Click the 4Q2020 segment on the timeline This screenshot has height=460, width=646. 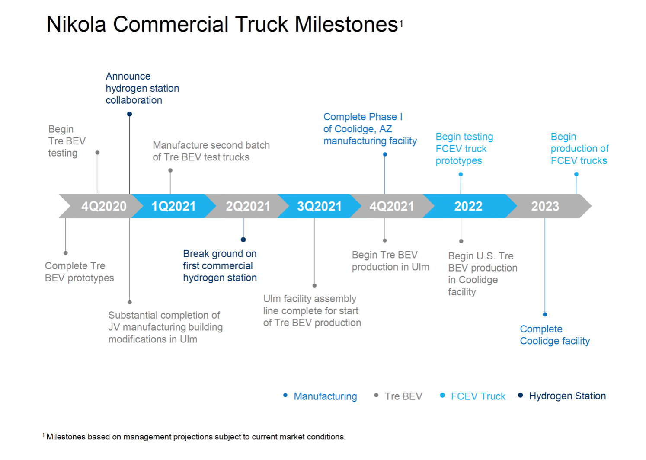(104, 206)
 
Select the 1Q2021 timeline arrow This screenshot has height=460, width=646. (173, 206)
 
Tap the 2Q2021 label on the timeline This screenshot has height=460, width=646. (248, 206)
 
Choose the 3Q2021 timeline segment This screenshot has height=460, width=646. (319, 206)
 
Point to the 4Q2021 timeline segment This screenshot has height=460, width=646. (391, 206)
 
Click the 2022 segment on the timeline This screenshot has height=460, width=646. (468, 206)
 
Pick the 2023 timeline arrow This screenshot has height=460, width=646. (545, 206)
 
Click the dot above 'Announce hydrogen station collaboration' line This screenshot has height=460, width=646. (129, 114)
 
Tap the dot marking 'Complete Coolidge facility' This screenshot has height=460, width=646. (545, 315)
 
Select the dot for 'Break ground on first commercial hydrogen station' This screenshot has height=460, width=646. (243, 240)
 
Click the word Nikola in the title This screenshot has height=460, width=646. (76, 24)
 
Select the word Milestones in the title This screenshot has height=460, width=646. (346, 24)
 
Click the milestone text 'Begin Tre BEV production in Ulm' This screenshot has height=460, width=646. (390, 261)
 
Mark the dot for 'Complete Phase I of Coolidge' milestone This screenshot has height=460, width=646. (385, 154)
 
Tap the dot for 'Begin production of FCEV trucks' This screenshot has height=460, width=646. (576, 174)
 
